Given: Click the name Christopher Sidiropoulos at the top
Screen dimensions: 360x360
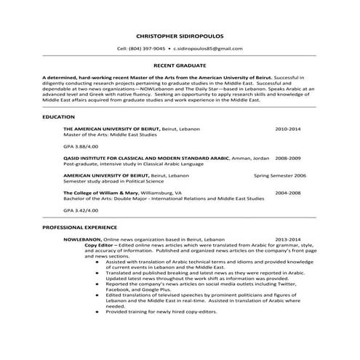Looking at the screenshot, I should [x=179, y=35].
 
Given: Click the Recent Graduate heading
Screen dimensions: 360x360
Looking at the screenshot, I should [x=179, y=65].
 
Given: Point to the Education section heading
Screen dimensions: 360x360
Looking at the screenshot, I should [x=58, y=116].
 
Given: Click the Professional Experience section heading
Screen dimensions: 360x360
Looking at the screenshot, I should [x=79, y=228].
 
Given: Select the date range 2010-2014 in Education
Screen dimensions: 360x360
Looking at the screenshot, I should [x=288, y=129].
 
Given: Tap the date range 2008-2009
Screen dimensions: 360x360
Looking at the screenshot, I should [x=289, y=158].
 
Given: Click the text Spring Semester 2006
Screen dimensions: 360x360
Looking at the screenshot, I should [x=280, y=175].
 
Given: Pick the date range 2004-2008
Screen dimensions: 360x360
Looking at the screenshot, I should [x=288, y=193].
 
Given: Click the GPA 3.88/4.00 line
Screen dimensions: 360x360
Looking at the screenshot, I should [x=80, y=146].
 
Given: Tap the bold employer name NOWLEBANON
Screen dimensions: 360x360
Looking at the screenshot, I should [x=82, y=239].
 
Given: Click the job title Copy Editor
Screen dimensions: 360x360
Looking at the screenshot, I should [x=100, y=245].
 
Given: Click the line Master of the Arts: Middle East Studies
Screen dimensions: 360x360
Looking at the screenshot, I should [x=109, y=135].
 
